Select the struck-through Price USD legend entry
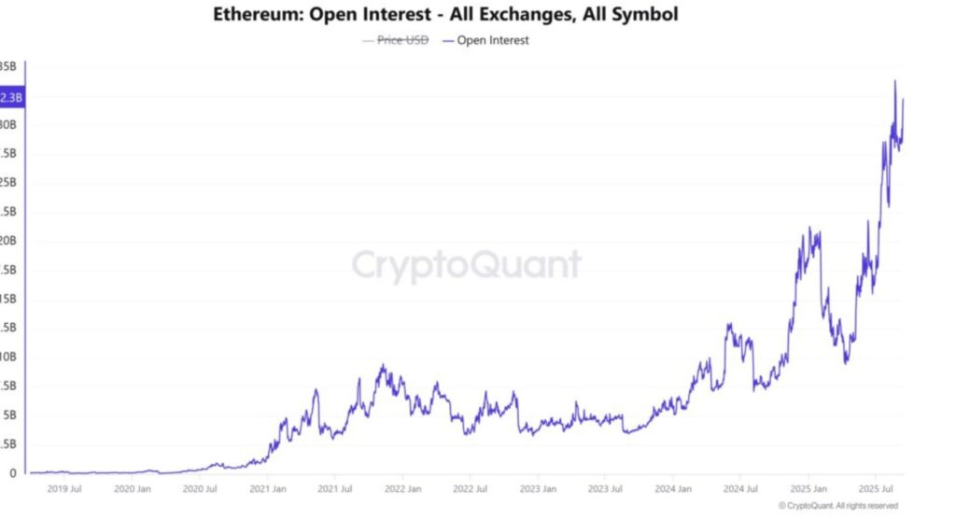click(402, 40)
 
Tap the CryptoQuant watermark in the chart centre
click(466, 265)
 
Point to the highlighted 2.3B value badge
click(12, 96)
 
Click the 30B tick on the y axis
click(8, 125)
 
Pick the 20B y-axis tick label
click(8, 241)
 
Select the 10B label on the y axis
click(8, 357)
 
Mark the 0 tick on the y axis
click(12, 473)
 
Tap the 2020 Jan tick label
click(132, 489)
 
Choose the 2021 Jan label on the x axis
click(268, 489)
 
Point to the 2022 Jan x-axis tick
click(402, 489)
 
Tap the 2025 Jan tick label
click(808, 489)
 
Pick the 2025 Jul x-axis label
click(875, 489)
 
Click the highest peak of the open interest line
click(894, 81)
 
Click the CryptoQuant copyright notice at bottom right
click(837, 506)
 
